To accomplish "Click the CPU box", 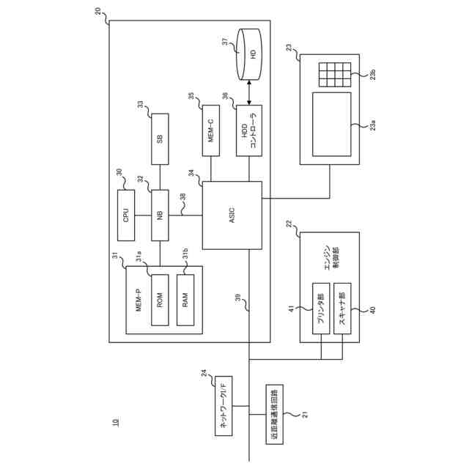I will (126, 215).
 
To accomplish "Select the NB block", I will (160, 215).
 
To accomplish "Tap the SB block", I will (160, 139).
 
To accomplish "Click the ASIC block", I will (232, 215).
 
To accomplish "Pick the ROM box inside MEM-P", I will (159, 300).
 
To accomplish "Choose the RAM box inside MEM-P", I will (185, 300).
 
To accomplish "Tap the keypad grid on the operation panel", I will (333, 74).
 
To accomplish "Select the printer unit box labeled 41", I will (321, 309).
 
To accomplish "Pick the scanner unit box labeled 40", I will (343, 309).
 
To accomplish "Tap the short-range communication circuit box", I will (276, 414).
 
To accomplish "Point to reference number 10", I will (114, 422).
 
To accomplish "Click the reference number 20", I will (99, 11).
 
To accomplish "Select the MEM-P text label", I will (138, 300).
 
